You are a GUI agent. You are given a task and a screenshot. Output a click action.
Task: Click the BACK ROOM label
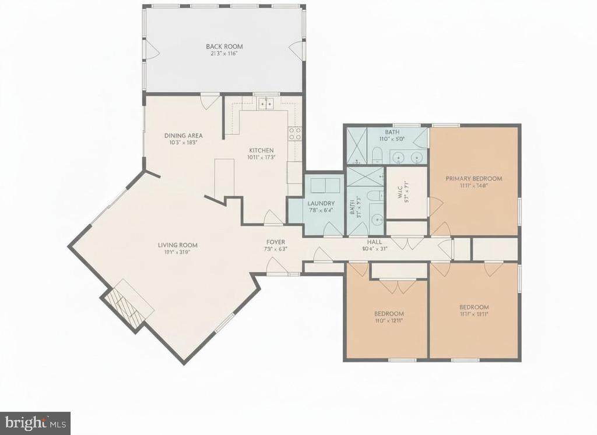224,47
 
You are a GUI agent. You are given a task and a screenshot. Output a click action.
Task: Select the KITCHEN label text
260,150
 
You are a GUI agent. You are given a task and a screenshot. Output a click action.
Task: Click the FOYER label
276,242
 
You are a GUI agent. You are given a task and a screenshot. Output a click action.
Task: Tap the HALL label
374,242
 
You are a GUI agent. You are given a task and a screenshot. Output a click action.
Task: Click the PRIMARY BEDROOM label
473,179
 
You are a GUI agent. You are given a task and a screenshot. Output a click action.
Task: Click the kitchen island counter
224,178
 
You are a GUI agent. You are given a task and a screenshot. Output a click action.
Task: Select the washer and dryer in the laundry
325,186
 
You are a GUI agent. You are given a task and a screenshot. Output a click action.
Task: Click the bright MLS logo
35,422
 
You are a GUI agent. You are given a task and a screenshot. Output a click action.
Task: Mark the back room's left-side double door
152,50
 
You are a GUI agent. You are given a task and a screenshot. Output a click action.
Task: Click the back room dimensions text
224,54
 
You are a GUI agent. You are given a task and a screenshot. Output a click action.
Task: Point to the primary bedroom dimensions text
473,186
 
